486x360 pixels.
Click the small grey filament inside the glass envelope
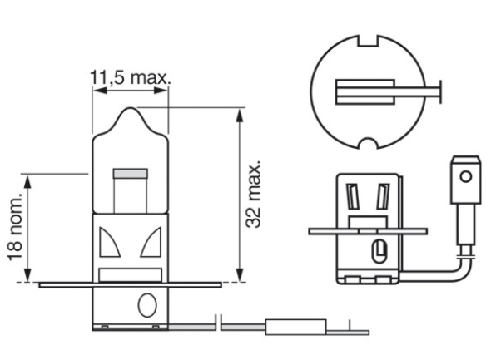click(x=129, y=175)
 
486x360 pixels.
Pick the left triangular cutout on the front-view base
click(x=108, y=244)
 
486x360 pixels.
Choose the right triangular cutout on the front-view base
click(x=150, y=244)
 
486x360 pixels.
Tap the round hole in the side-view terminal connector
click(x=464, y=176)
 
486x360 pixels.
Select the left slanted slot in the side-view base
click(x=354, y=197)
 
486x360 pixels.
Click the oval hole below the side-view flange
click(x=379, y=248)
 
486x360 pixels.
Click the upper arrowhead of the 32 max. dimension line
click(x=241, y=113)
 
